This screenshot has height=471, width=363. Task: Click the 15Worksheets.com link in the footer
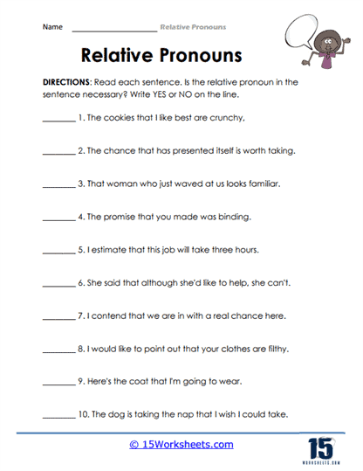[181, 445]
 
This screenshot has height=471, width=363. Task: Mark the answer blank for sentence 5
[58, 250]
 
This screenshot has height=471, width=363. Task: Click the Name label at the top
[52, 27]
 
